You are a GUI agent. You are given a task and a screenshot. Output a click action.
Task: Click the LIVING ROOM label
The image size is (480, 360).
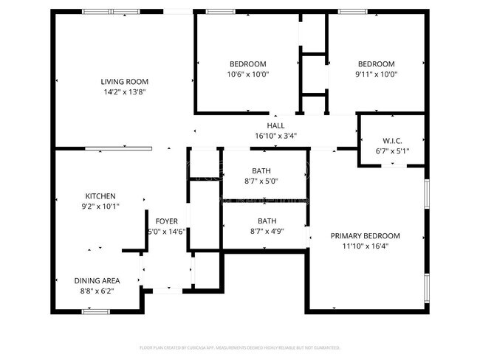pos(124,82)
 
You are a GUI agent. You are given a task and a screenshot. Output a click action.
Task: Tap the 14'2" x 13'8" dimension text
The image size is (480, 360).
pos(124,92)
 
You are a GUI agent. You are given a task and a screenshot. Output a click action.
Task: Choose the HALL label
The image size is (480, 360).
pos(275,126)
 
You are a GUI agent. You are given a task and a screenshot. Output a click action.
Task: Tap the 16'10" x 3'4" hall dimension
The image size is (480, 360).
pos(275,136)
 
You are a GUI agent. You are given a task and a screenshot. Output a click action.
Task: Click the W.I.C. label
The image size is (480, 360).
pos(391,141)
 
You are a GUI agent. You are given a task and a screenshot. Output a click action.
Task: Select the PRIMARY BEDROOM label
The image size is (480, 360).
pos(365,236)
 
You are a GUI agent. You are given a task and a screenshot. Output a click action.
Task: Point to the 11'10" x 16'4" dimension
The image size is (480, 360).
pos(365,246)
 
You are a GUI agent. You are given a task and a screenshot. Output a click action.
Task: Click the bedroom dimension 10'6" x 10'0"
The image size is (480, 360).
pos(247,75)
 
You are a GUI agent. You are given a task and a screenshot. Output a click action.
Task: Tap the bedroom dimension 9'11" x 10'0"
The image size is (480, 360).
pos(376,75)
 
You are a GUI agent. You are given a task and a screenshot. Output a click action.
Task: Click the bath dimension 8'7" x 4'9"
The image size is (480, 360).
pos(267,232)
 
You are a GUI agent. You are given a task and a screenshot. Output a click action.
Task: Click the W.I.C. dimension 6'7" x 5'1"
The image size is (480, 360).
pos(391,151)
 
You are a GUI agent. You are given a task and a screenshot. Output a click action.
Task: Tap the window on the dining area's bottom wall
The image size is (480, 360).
pos(95,311)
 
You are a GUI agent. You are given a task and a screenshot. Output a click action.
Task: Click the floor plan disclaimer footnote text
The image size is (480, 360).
pos(239,347)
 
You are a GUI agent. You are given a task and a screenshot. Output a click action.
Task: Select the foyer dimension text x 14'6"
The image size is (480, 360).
pos(166,232)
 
